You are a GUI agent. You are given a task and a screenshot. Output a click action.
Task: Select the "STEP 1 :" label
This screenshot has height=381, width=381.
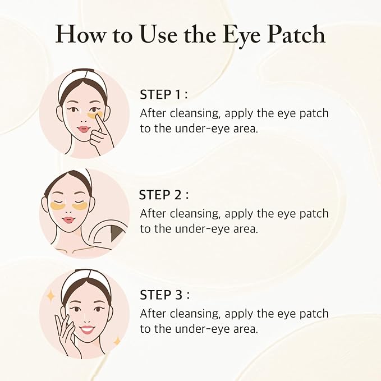point(165,94)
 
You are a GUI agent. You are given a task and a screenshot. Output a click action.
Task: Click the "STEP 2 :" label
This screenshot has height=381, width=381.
point(164,195)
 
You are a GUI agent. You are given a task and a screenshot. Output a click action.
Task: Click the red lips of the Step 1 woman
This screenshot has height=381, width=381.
point(84,129)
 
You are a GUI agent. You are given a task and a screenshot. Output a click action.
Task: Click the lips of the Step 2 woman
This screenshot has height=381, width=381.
point(68,219)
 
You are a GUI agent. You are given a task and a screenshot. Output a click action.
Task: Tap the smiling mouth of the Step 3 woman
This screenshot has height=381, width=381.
point(86,329)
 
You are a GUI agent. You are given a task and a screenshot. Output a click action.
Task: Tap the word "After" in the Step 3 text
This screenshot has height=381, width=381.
point(152,314)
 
